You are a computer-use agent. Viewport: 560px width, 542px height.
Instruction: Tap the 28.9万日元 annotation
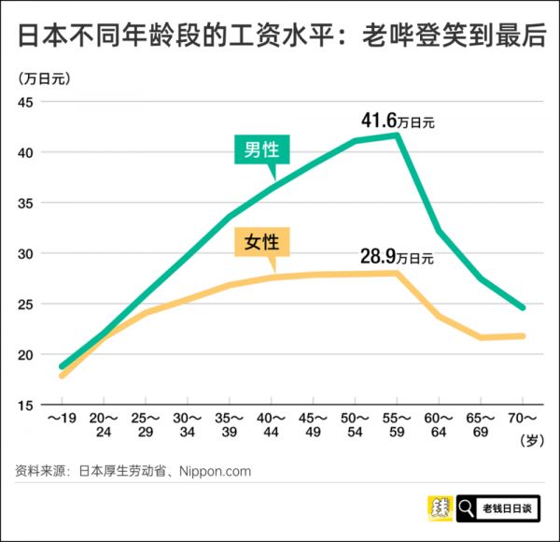pos(398,256)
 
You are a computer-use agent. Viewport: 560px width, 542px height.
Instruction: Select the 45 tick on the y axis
pos(25,102)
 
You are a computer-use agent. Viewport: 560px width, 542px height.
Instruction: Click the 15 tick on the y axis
pos(25,405)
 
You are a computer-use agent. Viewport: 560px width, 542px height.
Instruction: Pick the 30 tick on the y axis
pos(25,253)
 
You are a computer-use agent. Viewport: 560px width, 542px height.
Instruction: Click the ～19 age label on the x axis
pos(62,419)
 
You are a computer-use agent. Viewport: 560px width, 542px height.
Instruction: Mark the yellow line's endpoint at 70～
pos(524,335)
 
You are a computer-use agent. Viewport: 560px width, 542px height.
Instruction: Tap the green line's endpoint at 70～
pos(524,307)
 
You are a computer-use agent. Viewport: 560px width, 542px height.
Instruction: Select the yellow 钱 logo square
pos(440,509)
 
